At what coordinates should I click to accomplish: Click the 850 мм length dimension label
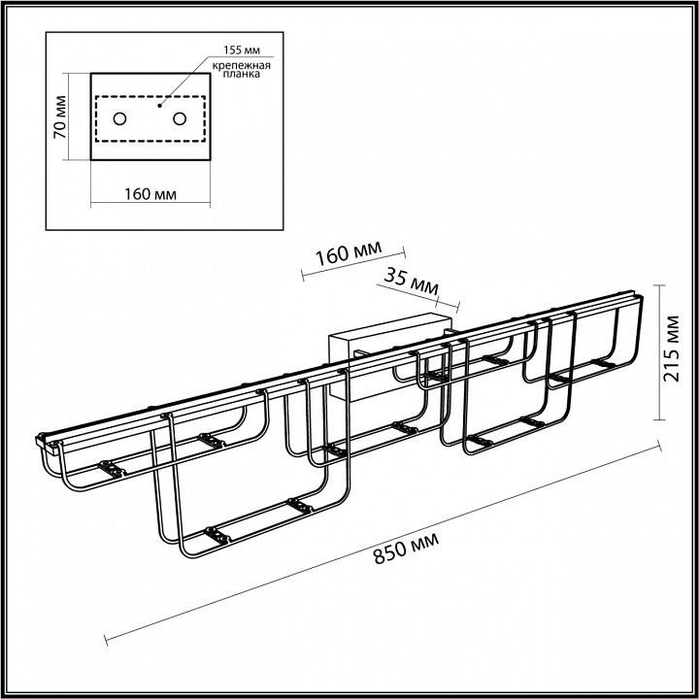pos(406,548)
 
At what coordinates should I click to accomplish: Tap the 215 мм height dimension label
pos(671,349)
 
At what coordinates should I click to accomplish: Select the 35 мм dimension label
pos(411,282)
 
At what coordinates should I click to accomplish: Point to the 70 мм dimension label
pos(60,116)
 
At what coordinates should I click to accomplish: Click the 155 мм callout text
pos(242,50)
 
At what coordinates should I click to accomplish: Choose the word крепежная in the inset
pos(241,66)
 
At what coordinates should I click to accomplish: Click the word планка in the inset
pos(241,75)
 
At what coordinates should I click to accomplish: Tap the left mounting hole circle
pos(120,119)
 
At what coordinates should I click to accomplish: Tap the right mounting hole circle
pos(180,119)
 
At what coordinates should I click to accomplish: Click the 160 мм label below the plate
pos(150,194)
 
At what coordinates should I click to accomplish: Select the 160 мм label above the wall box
pos(349,252)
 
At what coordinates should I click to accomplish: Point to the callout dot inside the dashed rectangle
pos(159,106)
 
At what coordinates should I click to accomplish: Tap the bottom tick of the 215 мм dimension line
pos(659,419)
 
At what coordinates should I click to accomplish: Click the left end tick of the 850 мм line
pos(106,640)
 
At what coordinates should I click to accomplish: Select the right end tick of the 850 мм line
pos(660,447)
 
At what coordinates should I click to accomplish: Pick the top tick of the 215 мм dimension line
pos(659,285)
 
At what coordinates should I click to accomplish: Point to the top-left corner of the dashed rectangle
pos(96,96)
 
